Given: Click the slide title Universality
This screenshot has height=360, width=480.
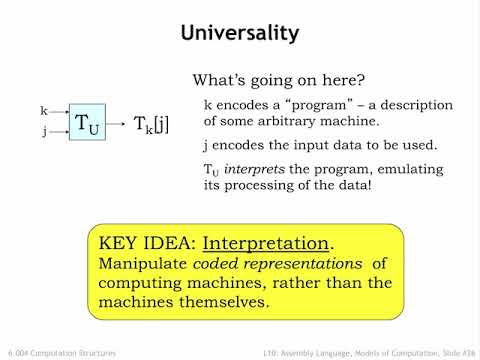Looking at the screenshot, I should click(x=239, y=33).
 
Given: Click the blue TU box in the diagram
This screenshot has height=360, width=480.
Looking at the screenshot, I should click(x=87, y=123).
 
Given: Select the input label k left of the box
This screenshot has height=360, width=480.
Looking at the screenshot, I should click(x=44, y=110).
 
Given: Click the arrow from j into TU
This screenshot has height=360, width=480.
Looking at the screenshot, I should click(x=59, y=129).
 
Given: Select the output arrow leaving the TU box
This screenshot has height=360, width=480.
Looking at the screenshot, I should click(x=117, y=123).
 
